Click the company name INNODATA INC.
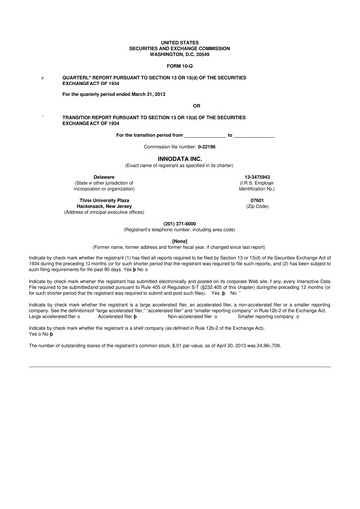(179, 158)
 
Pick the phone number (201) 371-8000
(179, 223)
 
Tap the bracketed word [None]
(179, 240)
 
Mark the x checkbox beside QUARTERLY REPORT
(41, 76)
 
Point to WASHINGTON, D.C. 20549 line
(179, 53)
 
